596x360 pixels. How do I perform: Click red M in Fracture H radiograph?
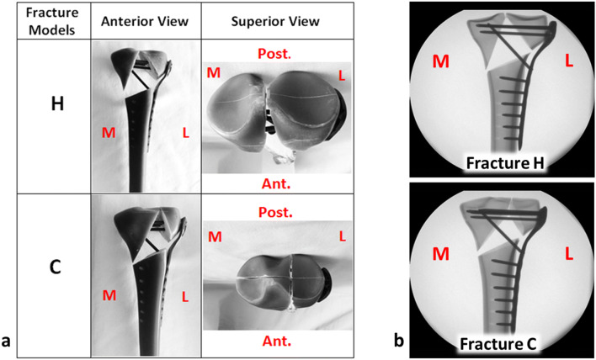(x=439, y=61)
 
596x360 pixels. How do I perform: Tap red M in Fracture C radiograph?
(x=439, y=251)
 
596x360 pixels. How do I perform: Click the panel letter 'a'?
(x=8, y=341)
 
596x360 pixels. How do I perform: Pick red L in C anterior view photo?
(x=183, y=295)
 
